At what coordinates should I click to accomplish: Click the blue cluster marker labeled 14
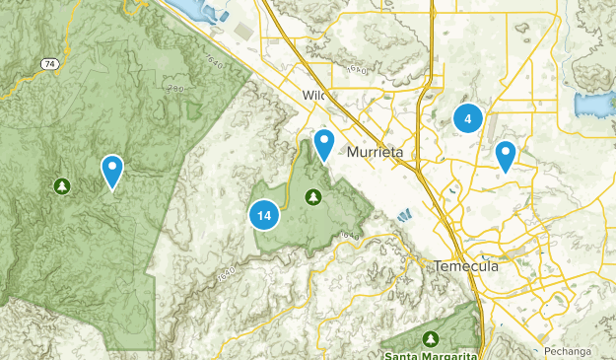pos(263,215)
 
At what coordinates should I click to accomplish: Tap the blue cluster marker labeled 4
pos(467,119)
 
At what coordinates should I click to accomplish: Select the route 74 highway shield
pos(48,63)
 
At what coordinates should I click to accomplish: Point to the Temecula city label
pos(466,266)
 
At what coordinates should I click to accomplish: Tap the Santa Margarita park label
pos(430,354)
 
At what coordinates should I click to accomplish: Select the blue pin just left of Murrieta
pos(323,144)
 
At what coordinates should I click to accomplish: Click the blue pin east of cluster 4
pos(506,154)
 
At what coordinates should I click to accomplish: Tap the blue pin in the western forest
pos(112,170)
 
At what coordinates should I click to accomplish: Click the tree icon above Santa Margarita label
pos(430,338)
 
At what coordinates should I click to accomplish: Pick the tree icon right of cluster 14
pos(313,196)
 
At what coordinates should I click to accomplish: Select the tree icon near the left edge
pos(62,185)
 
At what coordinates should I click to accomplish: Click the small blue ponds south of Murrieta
pos(403,215)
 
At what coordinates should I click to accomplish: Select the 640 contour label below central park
pos(345,236)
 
